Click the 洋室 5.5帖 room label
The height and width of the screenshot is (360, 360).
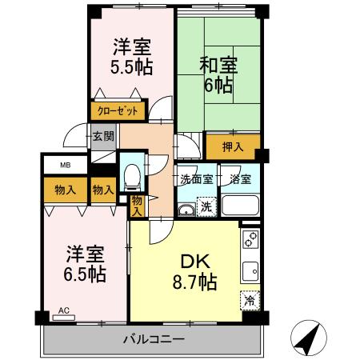coord(132,56)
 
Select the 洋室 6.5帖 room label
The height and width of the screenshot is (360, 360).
coord(84,264)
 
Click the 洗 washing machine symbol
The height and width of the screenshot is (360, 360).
coord(206,206)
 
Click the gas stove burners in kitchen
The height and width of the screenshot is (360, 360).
coord(250,239)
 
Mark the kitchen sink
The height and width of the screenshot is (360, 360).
coord(250,270)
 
